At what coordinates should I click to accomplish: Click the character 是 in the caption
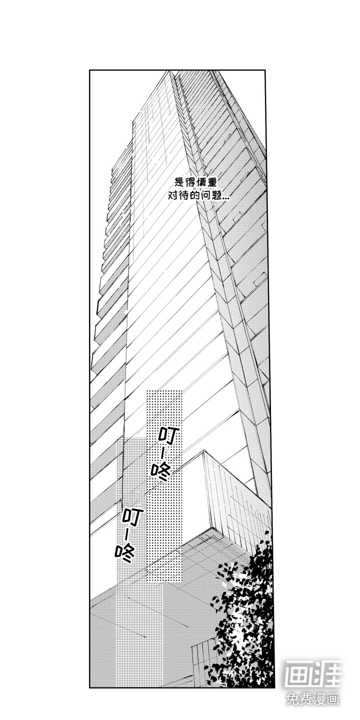(x=179, y=182)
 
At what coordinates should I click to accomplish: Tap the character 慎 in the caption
(x=201, y=182)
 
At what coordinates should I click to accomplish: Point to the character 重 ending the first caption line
(x=212, y=182)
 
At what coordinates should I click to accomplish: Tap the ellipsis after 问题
(x=226, y=198)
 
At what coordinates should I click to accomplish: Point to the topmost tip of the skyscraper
(x=170, y=70)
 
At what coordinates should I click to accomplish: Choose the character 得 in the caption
(x=190, y=182)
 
